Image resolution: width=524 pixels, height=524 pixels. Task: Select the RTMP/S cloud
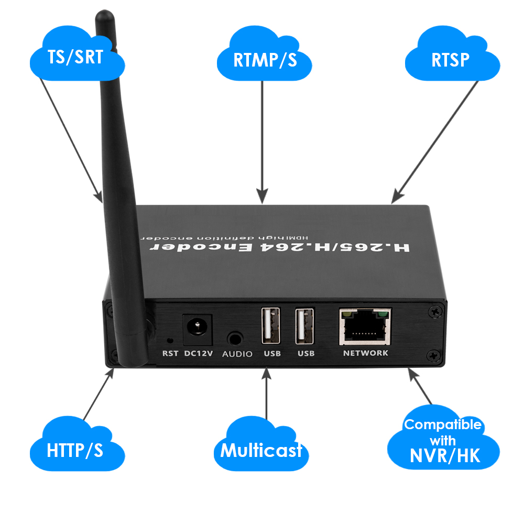point(265,59)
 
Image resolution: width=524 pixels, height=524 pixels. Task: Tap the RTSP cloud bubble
point(450,59)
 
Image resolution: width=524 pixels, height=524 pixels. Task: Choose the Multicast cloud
point(260,450)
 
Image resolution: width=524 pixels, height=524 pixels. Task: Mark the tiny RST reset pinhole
point(169,340)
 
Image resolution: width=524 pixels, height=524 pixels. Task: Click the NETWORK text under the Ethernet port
point(365,353)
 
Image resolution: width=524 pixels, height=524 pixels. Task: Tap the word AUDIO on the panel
point(237,354)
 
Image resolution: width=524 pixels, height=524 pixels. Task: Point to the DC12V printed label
point(198,354)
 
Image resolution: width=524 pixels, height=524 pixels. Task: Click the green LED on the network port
point(385,315)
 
